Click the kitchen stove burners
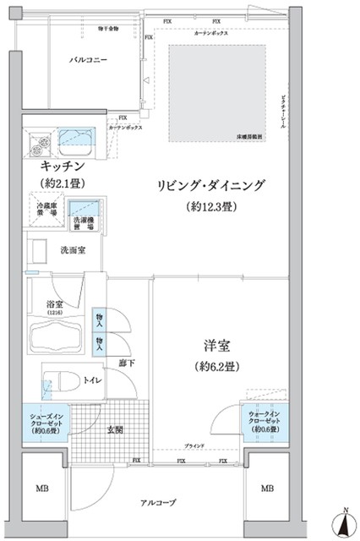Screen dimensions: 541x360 [39, 139]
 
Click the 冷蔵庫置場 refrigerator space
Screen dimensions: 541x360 [47, 210]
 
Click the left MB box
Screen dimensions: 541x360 [41, 489]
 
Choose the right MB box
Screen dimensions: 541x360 [267, 489]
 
